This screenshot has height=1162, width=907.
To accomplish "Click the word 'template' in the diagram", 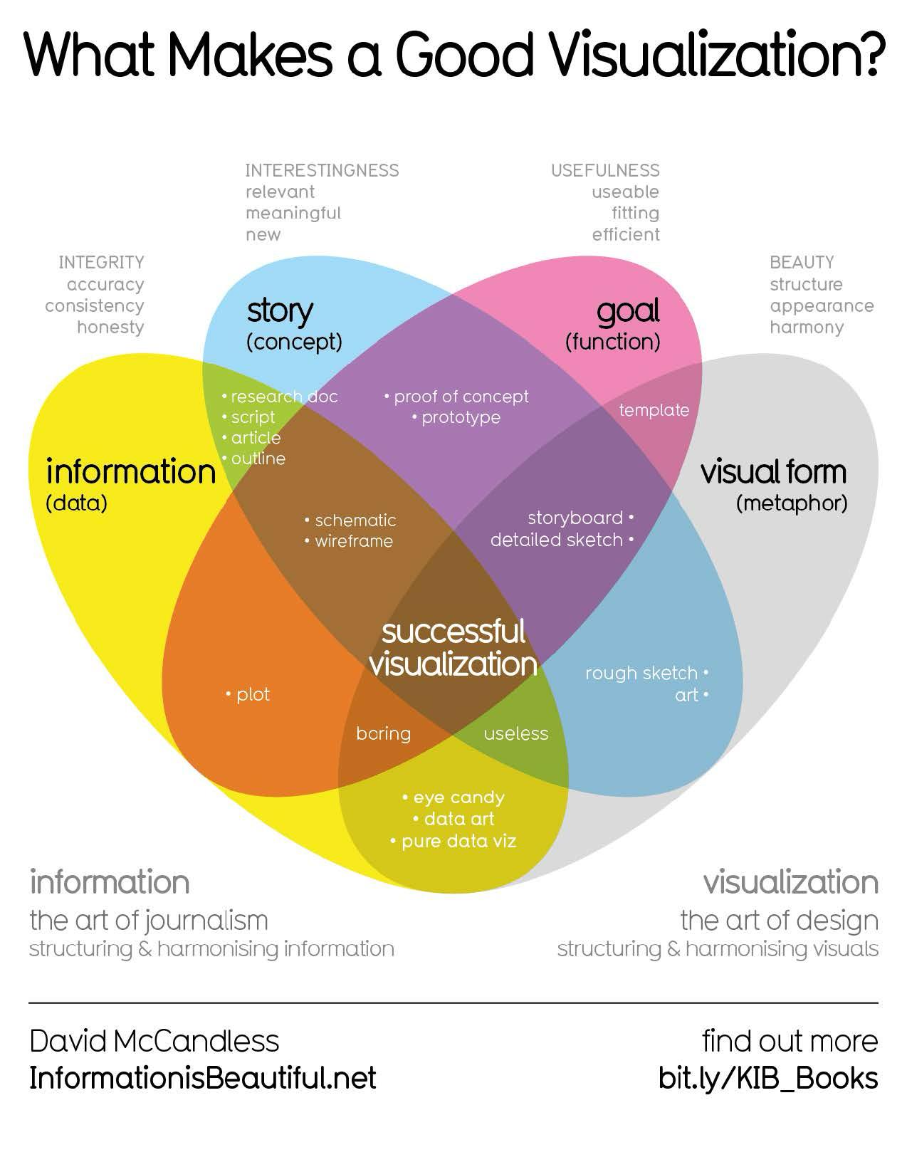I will pos(654,410).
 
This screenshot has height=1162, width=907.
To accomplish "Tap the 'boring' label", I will pos(383,733).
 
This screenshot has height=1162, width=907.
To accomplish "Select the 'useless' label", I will pos(516,733).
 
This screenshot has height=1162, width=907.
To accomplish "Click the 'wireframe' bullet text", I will pos(354,541).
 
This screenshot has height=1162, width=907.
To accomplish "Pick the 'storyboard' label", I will pos(575,518).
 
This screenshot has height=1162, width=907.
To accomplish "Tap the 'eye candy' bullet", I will pos(458,797).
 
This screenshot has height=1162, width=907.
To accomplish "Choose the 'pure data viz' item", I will pos(458,841).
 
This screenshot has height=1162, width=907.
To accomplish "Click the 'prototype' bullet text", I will pos(461,417).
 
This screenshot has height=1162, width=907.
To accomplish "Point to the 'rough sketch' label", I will pos(641,673).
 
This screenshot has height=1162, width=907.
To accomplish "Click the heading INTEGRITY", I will pos(101,263).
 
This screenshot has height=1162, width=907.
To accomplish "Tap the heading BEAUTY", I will pos(802,263).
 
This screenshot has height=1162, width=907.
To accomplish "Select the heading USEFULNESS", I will pos(605,171).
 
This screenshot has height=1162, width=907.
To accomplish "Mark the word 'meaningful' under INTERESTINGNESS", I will pos(293,213).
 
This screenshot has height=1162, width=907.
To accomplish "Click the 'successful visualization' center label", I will pos(453,648).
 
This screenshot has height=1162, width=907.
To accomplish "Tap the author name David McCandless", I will pos(154,1041).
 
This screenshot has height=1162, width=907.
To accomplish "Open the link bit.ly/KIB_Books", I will pos(768,1078).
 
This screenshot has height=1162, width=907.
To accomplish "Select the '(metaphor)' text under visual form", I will pos(792,503).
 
